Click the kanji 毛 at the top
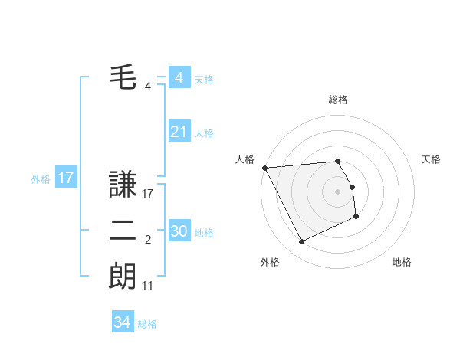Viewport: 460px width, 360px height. pos(123,77)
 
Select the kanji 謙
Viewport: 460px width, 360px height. pos(123,185)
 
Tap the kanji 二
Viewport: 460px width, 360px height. pos(123,232)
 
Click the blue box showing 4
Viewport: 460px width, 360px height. pos(179,78)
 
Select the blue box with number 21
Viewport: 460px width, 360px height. pos(179,132)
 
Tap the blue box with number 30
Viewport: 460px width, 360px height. pos(179,231)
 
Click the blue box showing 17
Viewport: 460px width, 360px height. pos(65,178)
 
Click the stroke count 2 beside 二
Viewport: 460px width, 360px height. pos(148,241)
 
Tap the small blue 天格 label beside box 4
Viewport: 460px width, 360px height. pos(204,80)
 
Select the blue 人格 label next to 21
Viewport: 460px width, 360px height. pos(204,133)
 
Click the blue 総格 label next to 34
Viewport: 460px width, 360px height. pos(147,324)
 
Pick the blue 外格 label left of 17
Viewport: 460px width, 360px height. pos(41,179)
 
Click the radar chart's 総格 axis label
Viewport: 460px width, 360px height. pos(338,100)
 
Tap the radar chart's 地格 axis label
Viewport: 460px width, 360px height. pos(402,262)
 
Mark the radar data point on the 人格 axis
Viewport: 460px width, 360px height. pos(264,168)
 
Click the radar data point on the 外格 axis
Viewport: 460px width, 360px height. pos(301,242)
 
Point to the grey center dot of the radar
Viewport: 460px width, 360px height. pos(338,191)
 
